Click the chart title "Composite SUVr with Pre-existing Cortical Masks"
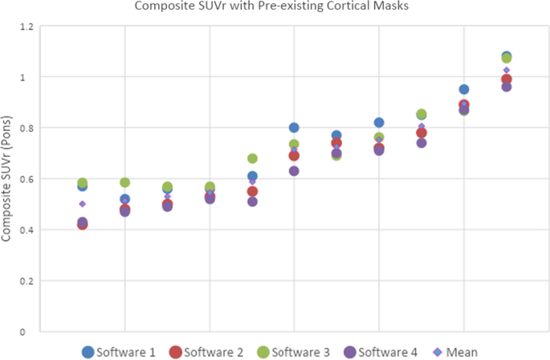275,9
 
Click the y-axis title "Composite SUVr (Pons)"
9,178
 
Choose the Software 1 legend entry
119,351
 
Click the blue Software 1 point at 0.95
464,89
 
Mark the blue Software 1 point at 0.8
294,128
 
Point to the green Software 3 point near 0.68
252,158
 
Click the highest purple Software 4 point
507,87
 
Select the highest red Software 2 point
507,79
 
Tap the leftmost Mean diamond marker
82,204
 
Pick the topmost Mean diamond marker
507,71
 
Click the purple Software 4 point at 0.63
294,171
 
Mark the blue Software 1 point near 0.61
252,176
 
